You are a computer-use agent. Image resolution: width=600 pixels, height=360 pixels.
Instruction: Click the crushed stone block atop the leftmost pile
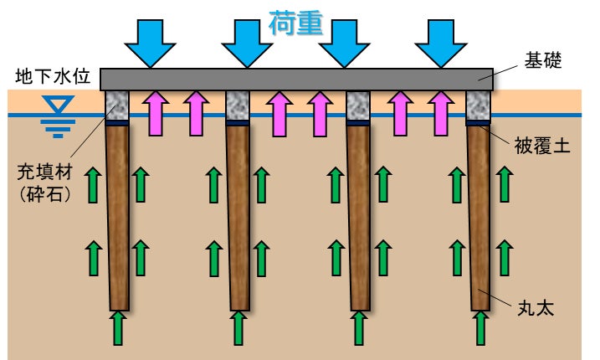point(117,105)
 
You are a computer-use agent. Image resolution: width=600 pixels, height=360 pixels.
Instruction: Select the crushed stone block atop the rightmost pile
point(478,105)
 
